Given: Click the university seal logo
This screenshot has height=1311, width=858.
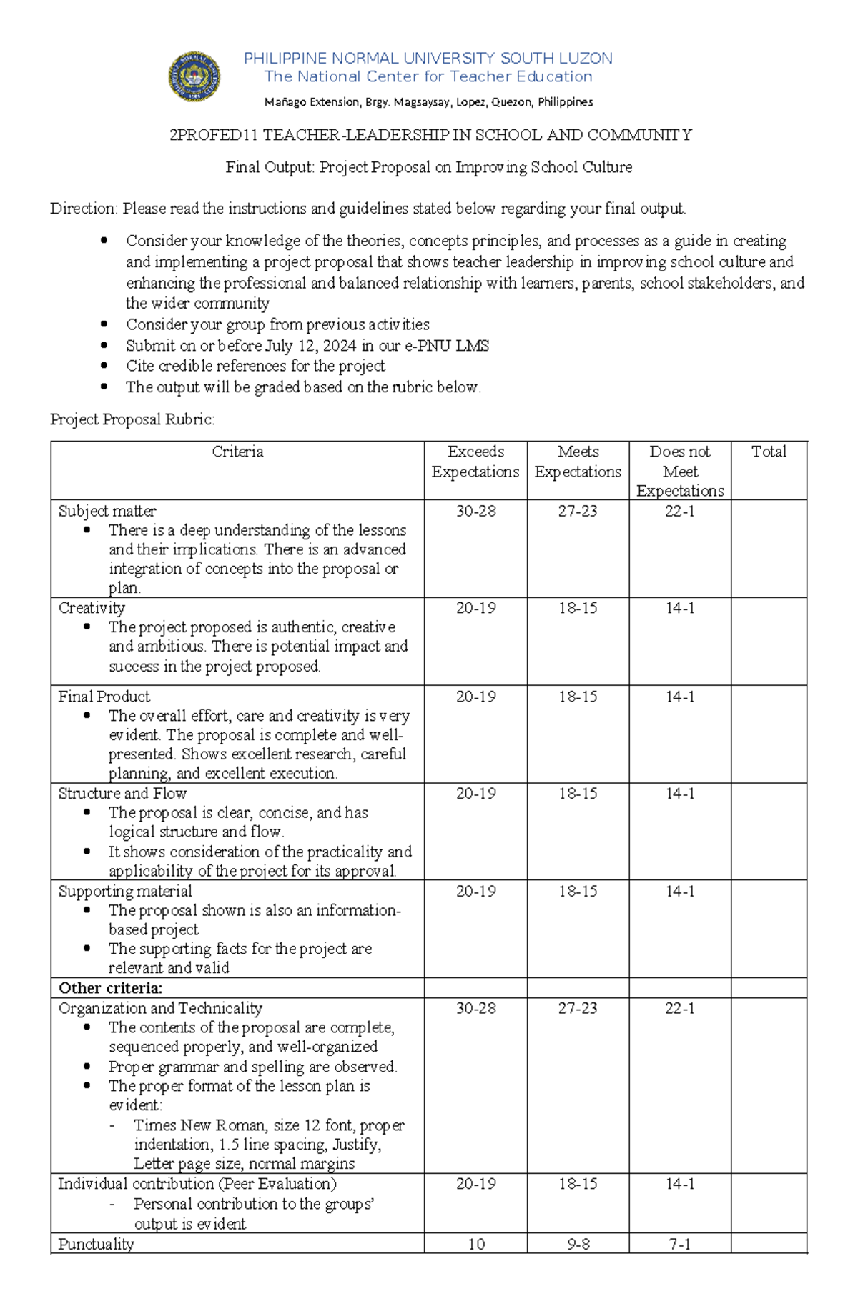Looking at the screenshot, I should point(194,76).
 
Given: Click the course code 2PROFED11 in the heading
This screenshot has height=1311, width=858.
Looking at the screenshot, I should point(214,135).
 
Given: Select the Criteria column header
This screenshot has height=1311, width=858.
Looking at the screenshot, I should point(237,452).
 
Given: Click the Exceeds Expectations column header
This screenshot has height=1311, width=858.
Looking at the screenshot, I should point(475,462).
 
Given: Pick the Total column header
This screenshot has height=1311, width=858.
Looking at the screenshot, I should point(769,452).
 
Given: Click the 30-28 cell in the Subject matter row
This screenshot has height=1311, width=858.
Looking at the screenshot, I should point(475,511).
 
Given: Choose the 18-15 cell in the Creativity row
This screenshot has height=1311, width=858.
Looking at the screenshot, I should point(578,608).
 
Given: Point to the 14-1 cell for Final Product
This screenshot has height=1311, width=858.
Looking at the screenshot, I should point(679,697).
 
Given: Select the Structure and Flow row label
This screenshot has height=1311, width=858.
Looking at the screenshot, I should point(122,794).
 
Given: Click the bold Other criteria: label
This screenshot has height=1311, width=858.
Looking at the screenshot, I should point(111,988).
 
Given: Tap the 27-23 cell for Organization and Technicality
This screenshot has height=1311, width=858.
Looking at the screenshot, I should point(578,1008).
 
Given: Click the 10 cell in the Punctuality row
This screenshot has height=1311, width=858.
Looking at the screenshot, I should point(475,1245).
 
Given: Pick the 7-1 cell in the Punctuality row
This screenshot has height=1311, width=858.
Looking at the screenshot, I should point(679,1245).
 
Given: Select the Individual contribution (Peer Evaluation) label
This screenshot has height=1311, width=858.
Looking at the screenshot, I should point(197,1184).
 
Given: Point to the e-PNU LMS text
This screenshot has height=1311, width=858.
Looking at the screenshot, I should point(447,346).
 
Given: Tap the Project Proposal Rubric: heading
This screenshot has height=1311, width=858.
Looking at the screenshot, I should point(132,419).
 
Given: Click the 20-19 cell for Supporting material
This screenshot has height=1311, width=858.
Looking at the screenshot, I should point(475,891).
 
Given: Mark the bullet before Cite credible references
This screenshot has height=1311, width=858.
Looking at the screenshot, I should point(104,366).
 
